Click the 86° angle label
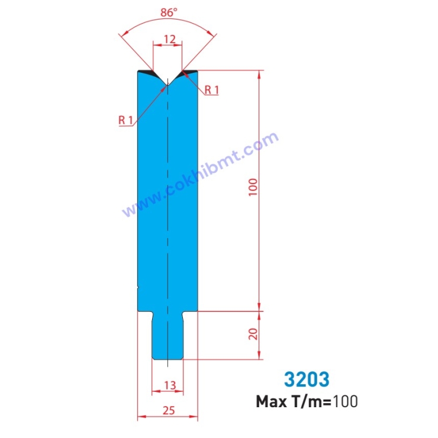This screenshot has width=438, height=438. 168,11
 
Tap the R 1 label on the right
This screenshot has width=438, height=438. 212,90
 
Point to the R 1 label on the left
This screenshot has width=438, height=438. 125,120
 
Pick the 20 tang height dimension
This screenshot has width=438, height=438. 253,334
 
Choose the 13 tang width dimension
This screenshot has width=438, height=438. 169,385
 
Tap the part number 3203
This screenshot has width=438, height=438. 307,379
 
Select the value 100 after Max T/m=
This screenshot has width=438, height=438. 345,402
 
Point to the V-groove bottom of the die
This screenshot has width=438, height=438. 168,85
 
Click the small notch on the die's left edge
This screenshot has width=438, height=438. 138,288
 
